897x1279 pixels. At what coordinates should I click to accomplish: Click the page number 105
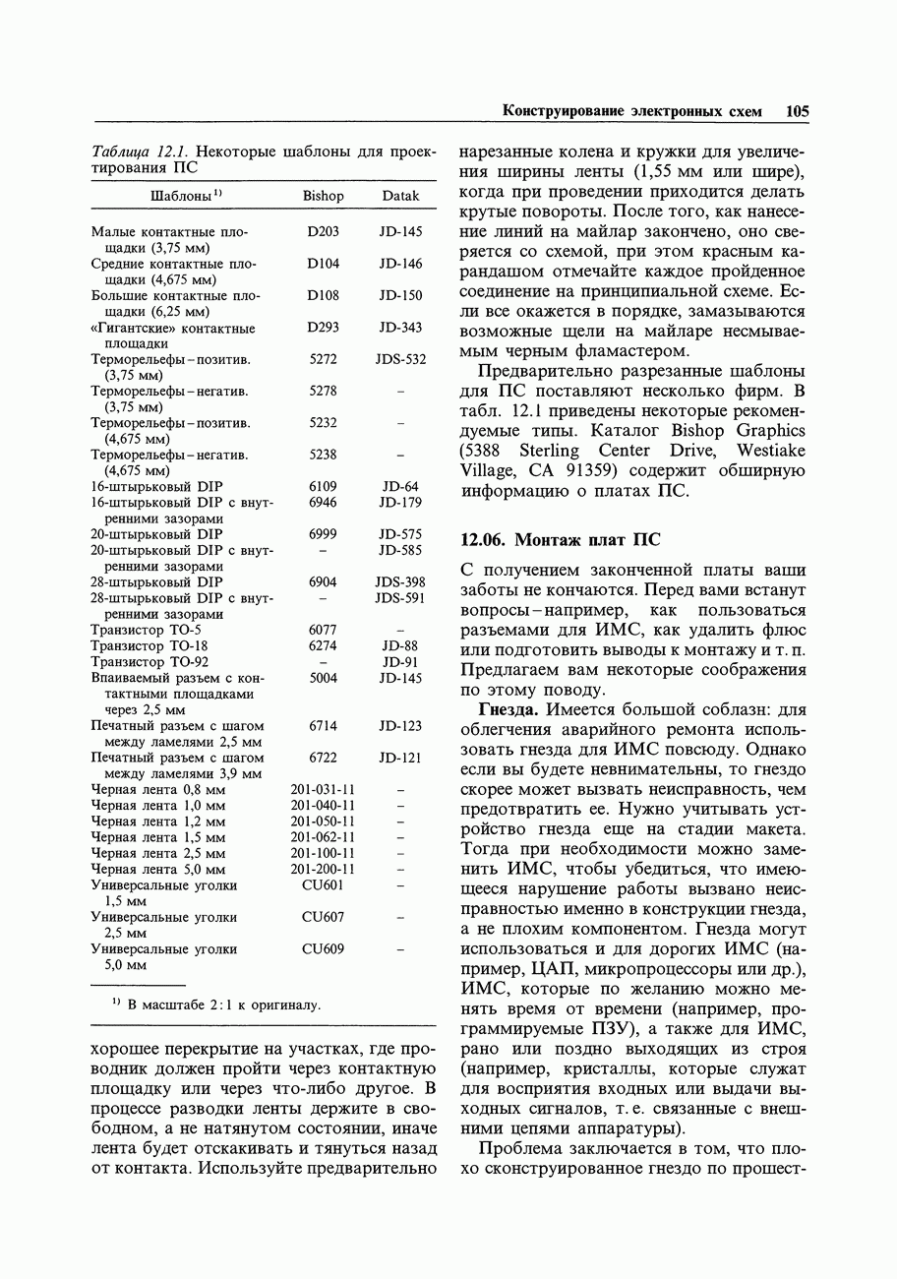[x=797, y=112]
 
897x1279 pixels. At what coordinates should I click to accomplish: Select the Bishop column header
[x=323, y=197]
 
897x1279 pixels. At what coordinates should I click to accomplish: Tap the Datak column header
[x=400, y=197]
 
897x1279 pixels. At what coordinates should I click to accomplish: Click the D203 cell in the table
[x=323, y=232]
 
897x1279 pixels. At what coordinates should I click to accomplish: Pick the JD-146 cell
[x=400, y=264]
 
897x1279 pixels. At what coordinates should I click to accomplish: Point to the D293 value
[x=323, y=328]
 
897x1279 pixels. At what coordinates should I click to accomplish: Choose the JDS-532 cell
[x=400, y=360]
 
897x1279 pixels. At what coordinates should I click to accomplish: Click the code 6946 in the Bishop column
[x=323, y=503]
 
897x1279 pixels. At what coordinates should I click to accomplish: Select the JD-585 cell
[x=400, y=551]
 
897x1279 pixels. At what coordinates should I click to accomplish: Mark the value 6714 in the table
[x=323, y=726]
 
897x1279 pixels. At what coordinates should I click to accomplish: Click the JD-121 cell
[x=400, y=759]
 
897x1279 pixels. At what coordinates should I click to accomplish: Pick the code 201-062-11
[x=323, y=838]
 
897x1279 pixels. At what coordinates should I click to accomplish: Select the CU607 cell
[x=323, y=917]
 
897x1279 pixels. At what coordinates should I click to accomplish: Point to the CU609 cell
[x=323, y=949]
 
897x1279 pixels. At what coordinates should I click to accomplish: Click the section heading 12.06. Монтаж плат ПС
[x=561, y=540]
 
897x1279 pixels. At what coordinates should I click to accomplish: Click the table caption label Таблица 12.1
[x=139, y=152]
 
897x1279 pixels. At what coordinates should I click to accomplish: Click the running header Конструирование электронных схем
[x=631, y=112]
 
